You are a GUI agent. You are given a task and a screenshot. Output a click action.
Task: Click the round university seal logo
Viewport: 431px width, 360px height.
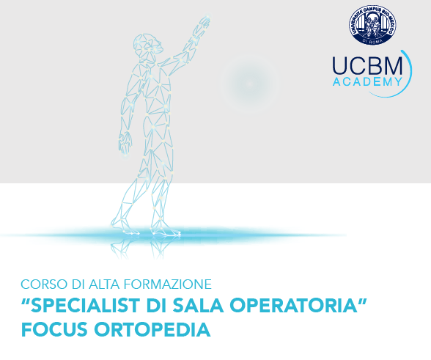click(x=372, y=25)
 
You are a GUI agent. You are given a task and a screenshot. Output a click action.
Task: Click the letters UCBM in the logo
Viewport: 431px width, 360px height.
click(x=367, y=65)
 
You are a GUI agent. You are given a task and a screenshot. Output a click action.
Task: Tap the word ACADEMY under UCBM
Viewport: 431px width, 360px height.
click(x=367, y=81)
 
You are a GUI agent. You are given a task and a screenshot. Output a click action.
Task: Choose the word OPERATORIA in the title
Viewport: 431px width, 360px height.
click(x=293, y=306)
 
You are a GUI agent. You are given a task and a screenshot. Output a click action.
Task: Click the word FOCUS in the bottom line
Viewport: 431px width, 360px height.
click(x=54, y=329)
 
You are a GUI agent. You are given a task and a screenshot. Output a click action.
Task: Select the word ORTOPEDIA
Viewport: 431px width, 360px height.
click(x=152, y=329)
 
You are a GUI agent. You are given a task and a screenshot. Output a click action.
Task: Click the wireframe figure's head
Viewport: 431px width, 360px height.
click(x=147, y=46)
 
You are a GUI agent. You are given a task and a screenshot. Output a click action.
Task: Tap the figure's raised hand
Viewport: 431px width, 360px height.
click(x=204, y=24)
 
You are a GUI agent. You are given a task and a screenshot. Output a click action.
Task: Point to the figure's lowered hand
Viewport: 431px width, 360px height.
click(x=125, y=142)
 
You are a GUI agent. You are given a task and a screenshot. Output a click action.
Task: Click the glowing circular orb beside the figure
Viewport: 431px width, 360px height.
click(x=249, y=84)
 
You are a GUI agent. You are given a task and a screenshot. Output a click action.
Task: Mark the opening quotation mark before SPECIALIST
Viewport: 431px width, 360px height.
click(x=26, y=301)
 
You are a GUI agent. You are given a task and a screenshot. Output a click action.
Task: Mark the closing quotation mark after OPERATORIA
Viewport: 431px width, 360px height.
click(x=363, y=301)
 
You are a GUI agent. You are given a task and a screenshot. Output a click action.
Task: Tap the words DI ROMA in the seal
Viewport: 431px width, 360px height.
click(x=372, y=41)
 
